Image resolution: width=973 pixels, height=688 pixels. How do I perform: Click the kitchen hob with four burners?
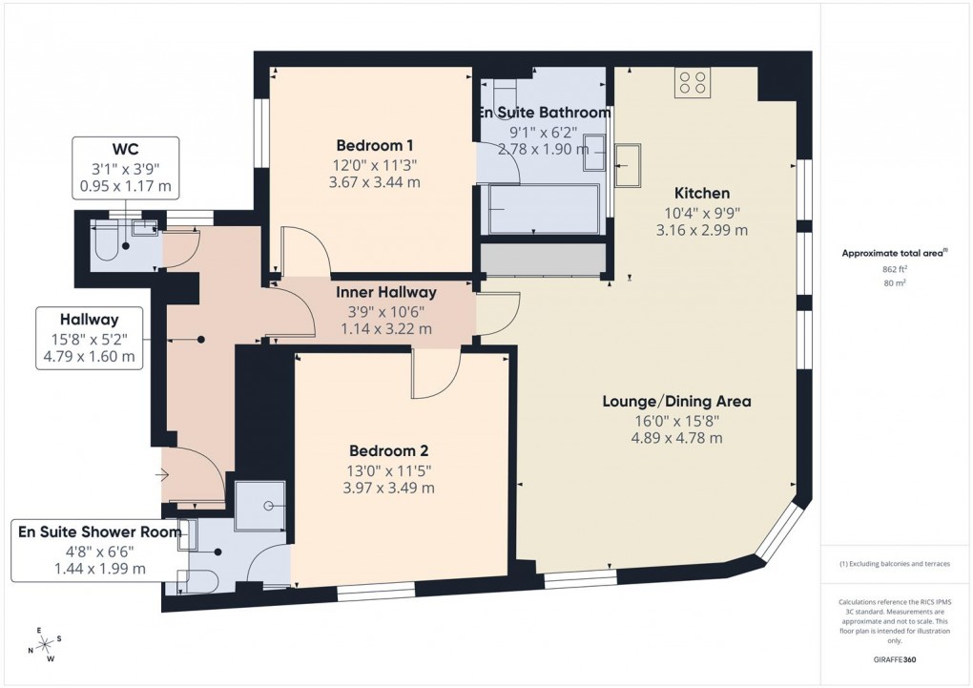[x=693, y=83]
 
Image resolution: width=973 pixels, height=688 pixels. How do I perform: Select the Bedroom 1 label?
[x=375, y=146]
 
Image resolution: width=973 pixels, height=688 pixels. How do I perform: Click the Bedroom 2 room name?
[x=388, y=451]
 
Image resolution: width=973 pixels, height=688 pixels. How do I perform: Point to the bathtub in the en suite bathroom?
[x=542, y=209]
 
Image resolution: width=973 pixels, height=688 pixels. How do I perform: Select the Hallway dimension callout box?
[x=89, y=338]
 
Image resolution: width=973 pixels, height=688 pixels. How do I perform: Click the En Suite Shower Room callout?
[x=99, y=550]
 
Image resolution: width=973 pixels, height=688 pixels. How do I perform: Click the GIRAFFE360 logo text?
[x=896, y=659]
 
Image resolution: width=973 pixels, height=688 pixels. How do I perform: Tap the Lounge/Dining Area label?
[x=676, y=402]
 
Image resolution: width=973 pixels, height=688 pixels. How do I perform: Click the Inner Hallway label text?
[x=385, y=293]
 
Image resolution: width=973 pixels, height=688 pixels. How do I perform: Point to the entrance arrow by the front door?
[x=163, y=474]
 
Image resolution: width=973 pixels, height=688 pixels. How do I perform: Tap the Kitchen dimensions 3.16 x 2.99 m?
[x=703, y=230]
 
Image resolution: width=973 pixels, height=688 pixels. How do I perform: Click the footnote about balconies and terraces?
[x=895, y=564]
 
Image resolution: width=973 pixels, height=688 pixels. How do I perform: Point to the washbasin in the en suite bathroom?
[x=593, y=152]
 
